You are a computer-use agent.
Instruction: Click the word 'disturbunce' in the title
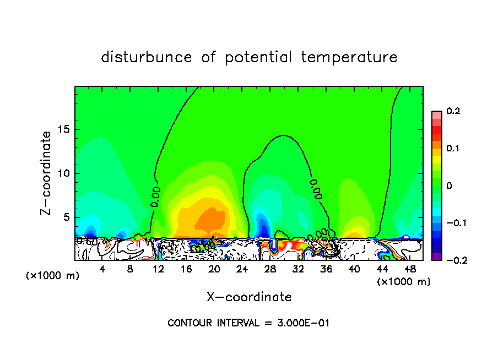click(x=147, y=57)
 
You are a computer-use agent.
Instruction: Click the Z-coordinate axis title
click(x=47, y=173)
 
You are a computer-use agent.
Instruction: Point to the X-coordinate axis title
click(x=249, y=297)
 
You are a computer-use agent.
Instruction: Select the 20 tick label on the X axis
click(x=214, y=269)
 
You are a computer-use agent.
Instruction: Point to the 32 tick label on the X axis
click(x=298, y=269)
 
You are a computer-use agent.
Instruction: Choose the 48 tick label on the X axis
click(x=410, y=269)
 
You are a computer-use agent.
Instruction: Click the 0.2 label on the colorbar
click(x=453, y=112)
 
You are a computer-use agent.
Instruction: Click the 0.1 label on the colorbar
click(x=453, y=149)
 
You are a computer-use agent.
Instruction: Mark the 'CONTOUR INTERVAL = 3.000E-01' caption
click(x=248, y=323)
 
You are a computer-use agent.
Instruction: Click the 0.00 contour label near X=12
click(x=156, y=196)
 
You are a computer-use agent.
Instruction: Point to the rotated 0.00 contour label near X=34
click(x=315, y=188)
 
